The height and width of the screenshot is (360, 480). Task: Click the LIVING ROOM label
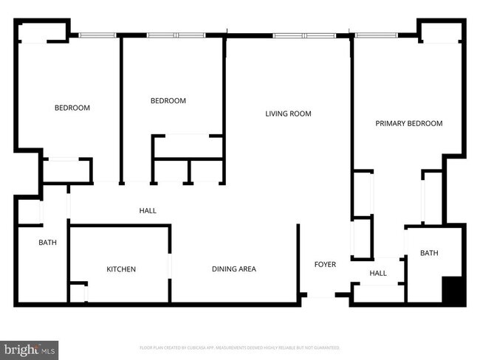pyautogui.click(x=288, y=114)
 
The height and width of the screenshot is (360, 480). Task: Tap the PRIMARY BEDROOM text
pyautogui.click(x=408, y=123)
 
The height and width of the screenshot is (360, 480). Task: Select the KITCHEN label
pyautogui.click(x=121, y=269)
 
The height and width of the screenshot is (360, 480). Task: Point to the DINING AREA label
pyautogui.click(x=233, y=269)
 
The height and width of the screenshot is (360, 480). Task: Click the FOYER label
pyautogui.click(x=325, y=264)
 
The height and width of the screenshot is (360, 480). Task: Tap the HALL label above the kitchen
pyautogui.click(x=148, y=211)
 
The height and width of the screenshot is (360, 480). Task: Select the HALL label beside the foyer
pyautogui.click(x=377, y=273)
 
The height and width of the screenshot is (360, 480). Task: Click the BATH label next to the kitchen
pyautogui.click(x=48, y=242)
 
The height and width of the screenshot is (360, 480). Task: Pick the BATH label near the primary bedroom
pyautogui.click(x=429, y=253)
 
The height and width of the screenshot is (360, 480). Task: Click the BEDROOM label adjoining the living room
pyautogui.click(x=168, y=101)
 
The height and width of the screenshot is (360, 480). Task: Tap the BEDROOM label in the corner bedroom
pyautogui.click(x=72, y=108)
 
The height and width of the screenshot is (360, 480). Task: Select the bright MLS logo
pyautogui.click(x=30, y=347)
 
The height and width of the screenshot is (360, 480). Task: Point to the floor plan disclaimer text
pyautogui.click(x=239, y=347)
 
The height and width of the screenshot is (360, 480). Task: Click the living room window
pyautogui.click(x=303, y=35)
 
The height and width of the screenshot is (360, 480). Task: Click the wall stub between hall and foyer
pyautogui.click(x=298, y=258)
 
